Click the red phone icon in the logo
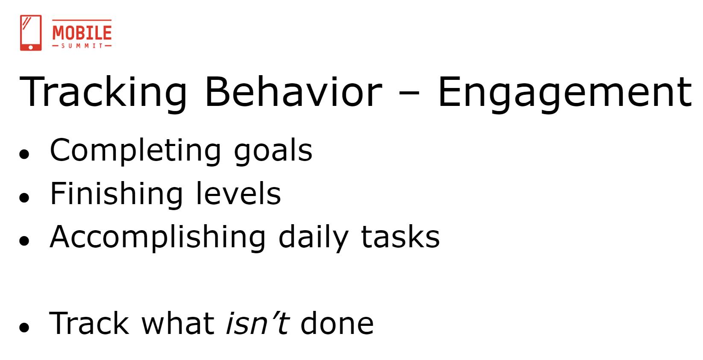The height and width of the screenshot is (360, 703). (x=31, y=32)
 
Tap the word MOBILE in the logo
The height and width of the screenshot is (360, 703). (x=82, y=32)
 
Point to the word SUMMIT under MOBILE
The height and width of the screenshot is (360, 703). (x=82, y=46)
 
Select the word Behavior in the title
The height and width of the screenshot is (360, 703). (x=293, y=92)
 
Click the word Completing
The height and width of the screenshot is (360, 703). (x=135, y=151)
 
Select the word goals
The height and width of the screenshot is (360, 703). (x=273, y=151)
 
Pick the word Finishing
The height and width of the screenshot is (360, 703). (x=117, y=194)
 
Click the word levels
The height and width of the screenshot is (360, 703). (x=238, y=193)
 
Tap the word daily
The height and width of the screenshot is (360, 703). (x=313, y=237)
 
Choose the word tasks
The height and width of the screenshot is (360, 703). (x=401, y=237)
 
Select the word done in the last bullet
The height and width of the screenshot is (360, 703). (x=337, y=323)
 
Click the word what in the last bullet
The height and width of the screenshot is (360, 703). (x=178, y=323)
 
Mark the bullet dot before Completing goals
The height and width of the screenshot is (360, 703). (x=24, y=154)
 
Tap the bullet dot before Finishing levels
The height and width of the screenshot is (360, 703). (x=24, y=197)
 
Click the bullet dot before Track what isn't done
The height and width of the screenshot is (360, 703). (x=24, y=327)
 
